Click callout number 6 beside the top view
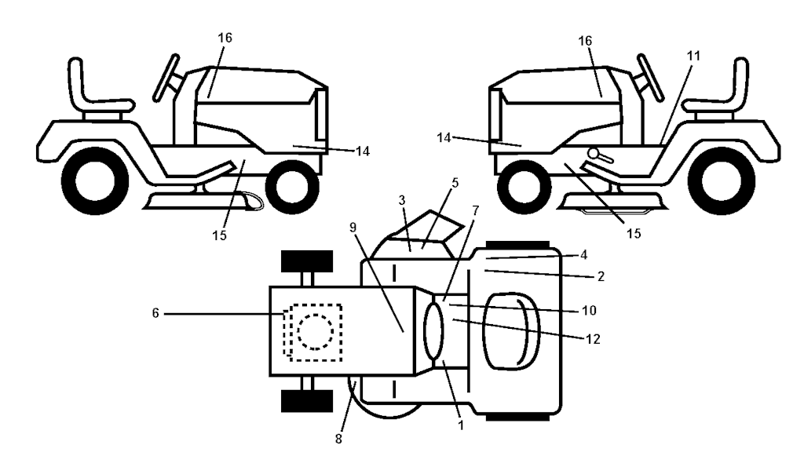click(156, 313)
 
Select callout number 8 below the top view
click(338, 439)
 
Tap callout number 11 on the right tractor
click(693, 56)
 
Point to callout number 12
click(593, 339)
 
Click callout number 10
click(589, 311)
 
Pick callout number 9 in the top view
click(353, 228)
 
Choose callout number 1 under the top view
click(460, 425)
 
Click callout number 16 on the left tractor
click(225, 38)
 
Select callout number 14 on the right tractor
click(444, 138)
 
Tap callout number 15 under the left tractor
click(220, 235)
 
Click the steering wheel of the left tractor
click(166, 78)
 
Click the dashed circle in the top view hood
click(315, 332)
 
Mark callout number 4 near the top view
click(583, 255)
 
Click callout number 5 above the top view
click(455, 183)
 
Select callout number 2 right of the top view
click(601, 277)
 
